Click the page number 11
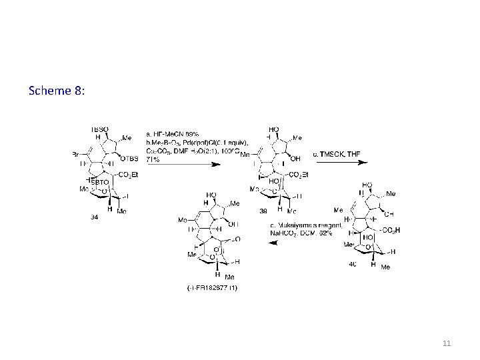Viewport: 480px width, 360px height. tap(447, 343)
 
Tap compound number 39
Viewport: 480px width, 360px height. tap(263, 211)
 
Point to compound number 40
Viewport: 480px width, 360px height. tap(352, 264)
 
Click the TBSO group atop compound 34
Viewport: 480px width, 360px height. tap(100, 130)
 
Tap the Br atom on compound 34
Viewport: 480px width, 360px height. tap(76, 154)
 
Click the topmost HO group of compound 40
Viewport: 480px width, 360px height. tap(366, 185)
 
